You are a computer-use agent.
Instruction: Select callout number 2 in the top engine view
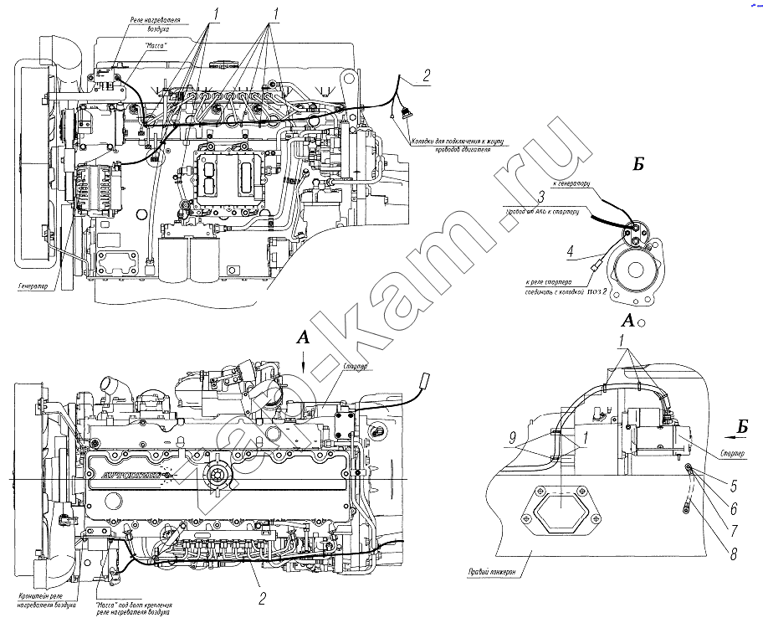coord(426,76)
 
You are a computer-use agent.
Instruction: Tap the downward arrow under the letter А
coord(303,362)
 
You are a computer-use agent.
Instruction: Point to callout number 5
coord(732,484)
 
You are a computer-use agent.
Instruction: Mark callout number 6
coord(732,507)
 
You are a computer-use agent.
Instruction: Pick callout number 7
coord(732,530)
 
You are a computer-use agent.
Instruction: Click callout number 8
coord(732,553)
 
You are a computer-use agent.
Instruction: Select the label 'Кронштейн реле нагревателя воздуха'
coord(47,599)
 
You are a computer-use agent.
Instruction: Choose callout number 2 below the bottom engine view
coord(262,598)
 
